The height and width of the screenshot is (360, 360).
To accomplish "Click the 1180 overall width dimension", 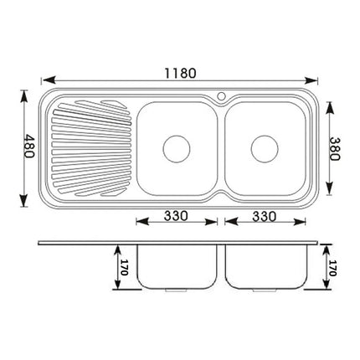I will pyautogui.click(x=178, y=73).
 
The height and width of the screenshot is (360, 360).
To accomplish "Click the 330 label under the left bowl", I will pyautogui.click(x=175, y=215).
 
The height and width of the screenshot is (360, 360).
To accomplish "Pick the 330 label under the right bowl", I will pyautogui.click(x=265, y=215).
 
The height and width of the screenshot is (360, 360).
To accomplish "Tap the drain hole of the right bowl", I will pyautogui.click(x=264, y=147).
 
